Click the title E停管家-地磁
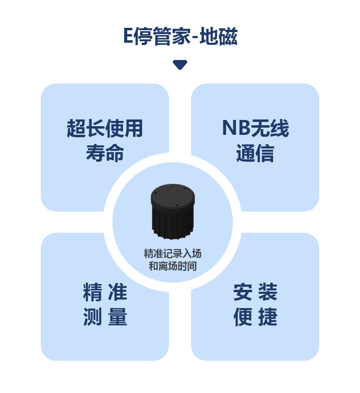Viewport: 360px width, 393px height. click(180, 37)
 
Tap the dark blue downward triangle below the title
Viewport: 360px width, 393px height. click(180, 65)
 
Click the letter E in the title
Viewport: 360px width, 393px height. click(128, 37)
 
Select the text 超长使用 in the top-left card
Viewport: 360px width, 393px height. click(105, 129)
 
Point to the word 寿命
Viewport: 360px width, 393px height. click(105, 153)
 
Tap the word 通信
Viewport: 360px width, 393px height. click(255, 153)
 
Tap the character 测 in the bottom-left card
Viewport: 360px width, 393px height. click(92, 317)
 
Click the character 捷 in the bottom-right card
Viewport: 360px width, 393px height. click(268, 317)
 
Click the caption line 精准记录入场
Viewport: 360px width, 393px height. click(172, 253)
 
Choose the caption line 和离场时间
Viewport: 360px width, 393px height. click(172, 266)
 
